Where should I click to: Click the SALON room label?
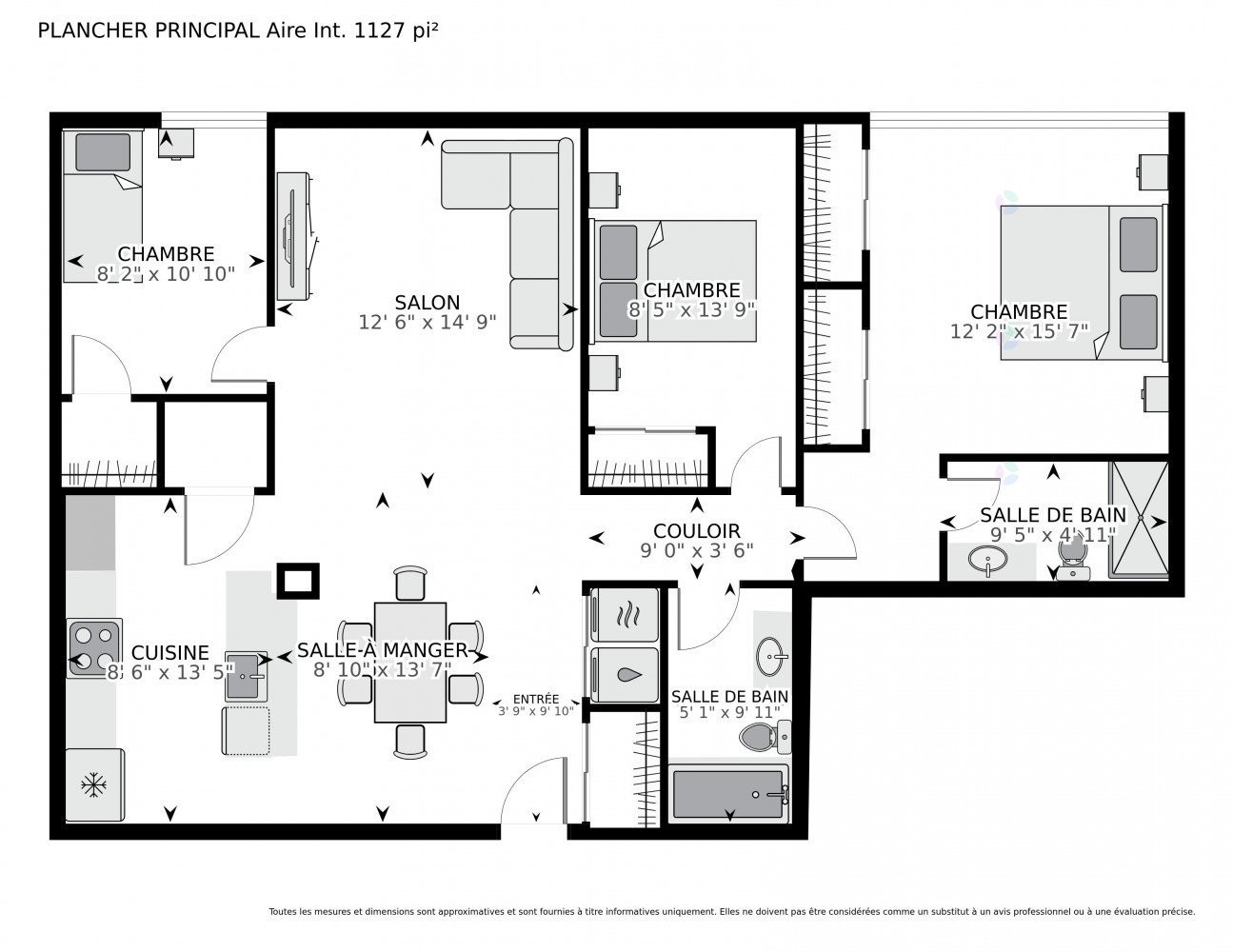(x=428, y=303)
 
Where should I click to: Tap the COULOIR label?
(x=697, y=531)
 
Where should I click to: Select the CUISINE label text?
(x=170, y=652)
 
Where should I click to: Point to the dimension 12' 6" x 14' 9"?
(x=428, y=322)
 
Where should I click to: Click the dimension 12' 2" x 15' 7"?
(x=1019, y=331)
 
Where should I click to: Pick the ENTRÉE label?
(x=536, y=699)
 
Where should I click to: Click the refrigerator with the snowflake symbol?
(x=94, y=785)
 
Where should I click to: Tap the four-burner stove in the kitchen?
(x=94, y=647)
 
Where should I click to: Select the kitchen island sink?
(x=246, y=677)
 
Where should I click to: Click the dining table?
(x=409, y=662)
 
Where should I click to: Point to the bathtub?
(x=728, y=794)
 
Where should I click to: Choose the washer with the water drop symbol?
(x=625, y=675)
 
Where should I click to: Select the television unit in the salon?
(x=294, y=236)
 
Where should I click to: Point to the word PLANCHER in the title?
(x=93, y=30)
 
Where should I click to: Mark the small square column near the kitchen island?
(x=298, y=581)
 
